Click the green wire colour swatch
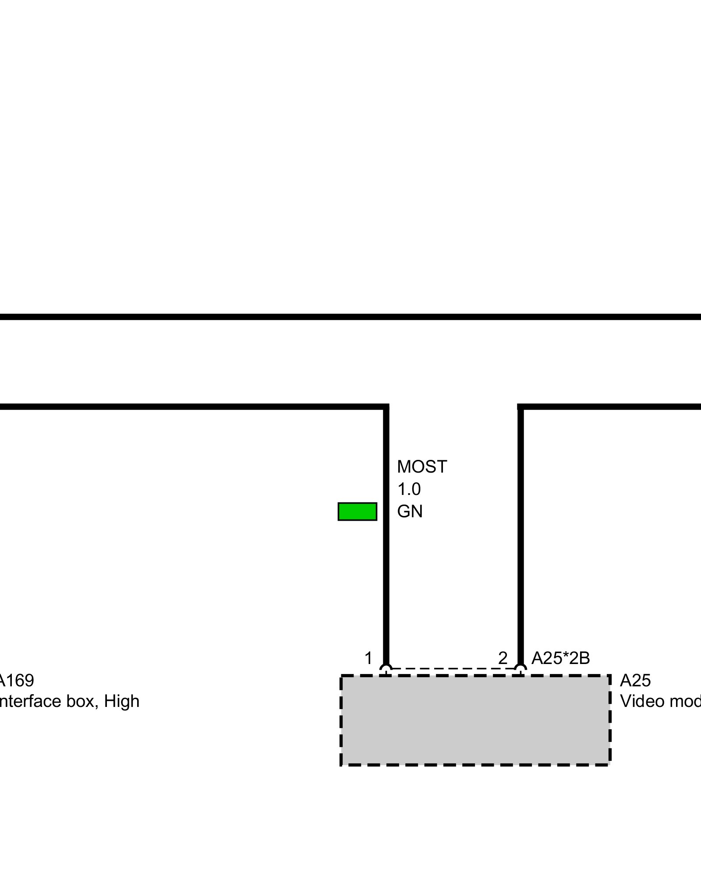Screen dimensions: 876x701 357,511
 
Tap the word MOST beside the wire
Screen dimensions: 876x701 421,467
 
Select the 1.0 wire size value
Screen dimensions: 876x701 409,489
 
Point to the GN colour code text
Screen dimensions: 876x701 410,512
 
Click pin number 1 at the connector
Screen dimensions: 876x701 368,658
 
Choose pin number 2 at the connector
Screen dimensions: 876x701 503,658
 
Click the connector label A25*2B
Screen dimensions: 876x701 560,658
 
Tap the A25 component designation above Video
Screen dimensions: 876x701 635,680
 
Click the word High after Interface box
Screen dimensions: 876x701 122,701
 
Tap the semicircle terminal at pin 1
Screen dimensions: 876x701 386,669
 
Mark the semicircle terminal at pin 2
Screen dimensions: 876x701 520,669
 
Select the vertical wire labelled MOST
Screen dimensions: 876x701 386,569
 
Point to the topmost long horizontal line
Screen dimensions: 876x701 350,317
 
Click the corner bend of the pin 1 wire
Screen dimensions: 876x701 386,407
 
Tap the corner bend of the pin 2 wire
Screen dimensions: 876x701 520,407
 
